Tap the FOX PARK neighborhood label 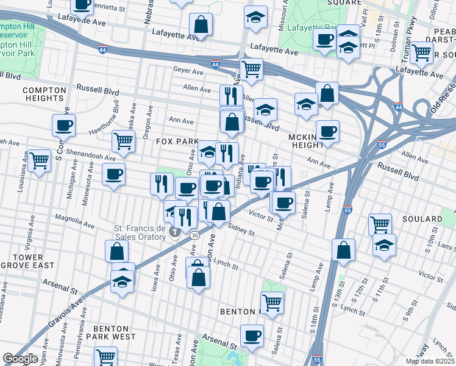(177, 141)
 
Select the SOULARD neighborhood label (421, 218)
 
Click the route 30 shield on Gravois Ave (194, 235)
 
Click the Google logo (21, 359)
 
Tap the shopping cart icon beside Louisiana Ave (39, 161)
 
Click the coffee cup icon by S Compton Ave (63, 126)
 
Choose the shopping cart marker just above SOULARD (380, 224)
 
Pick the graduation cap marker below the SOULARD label (385, 245)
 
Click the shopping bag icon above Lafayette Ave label (201, 25)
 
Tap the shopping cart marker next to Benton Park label (272, 302)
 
